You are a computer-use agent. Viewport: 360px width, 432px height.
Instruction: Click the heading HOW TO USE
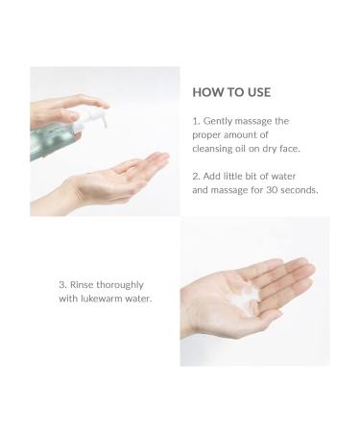coord(232,92)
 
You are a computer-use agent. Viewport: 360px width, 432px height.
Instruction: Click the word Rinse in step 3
coord(84,283)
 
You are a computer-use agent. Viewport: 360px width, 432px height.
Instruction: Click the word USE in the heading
coord(257,92)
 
